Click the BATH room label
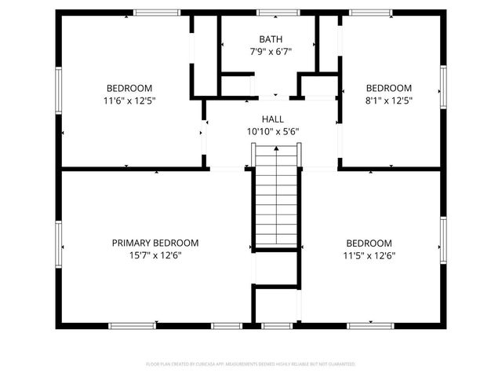tap(271, 39)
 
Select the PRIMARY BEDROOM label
tap(155, 243)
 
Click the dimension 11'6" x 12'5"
tap(129, 101)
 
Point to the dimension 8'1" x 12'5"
tap(388, 101)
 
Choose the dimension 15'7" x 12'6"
tap(155, 255)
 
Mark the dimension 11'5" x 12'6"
tap(369, 255)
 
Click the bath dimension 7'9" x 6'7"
tap(271, 52)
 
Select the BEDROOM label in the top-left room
tap(129, 88)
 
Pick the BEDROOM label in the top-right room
tap(388, 88)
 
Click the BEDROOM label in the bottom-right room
tap(369, 243)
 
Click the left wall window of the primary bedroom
tap(58, 243)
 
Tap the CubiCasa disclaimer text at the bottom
tap(251, 364)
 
